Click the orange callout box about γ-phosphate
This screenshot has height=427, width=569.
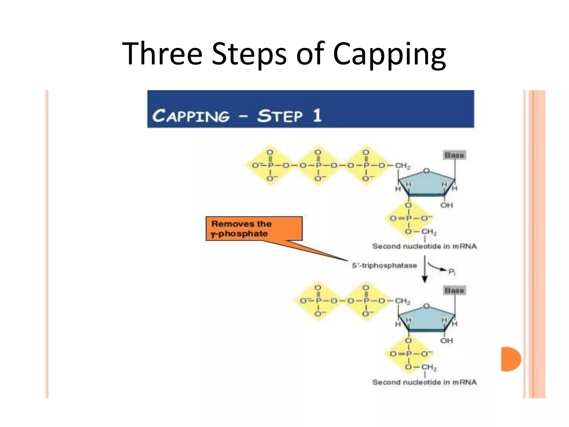coord(254,229)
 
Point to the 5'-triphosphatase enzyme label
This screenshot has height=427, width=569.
coord(384,265)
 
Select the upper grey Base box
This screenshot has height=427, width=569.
coord(454,155)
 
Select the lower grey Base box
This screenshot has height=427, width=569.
coord(454,291)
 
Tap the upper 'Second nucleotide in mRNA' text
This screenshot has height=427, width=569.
coord(424,246)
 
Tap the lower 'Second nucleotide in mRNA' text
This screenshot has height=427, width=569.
coord(424,382)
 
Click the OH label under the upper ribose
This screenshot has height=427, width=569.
coord(446,205)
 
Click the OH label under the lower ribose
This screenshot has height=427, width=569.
coord(446,341)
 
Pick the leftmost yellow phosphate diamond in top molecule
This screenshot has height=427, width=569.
coord(269,166)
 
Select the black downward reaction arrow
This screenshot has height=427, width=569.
coord(425,269)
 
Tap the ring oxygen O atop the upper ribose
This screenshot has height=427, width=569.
coord(426,171)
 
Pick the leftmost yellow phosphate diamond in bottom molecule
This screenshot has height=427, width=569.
coord(318,301)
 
